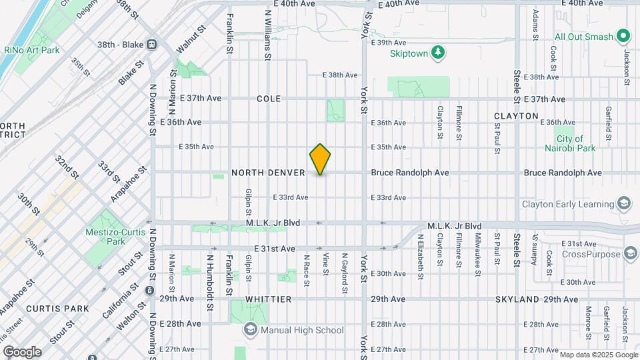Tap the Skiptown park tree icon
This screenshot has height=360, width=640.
(438, 51)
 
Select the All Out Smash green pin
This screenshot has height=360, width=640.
(624, 35)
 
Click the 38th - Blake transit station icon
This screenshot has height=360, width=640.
(152, 45)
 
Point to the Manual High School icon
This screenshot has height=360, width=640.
(249, 329)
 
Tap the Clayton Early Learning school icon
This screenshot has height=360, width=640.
(624, 203)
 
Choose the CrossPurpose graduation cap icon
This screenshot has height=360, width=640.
(630, 253)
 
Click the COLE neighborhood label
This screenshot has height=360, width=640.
(269, 99)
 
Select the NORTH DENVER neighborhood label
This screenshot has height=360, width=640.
(268, 173)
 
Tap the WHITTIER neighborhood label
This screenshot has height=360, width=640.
(269, 299)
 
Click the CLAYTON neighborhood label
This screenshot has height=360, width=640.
(516, 116)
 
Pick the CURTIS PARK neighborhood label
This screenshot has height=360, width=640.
(48, 309)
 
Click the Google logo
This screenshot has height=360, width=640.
(22, 352)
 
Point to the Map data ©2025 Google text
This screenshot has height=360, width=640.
(598, 354)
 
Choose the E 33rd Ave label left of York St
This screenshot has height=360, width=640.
(291, 197)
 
